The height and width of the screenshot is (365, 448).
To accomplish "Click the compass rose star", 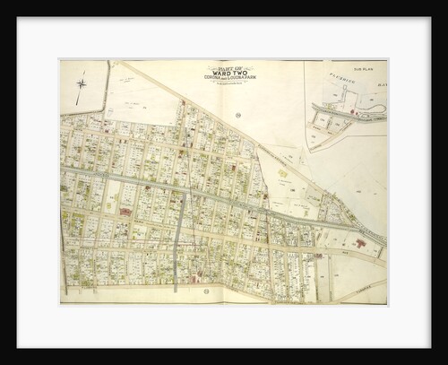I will point(82,84).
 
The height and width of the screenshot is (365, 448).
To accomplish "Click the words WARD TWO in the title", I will point(230,73).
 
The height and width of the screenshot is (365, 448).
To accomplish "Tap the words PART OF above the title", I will point(230,66).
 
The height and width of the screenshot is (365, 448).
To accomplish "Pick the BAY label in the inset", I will point(381,85).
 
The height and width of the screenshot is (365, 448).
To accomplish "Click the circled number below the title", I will point(237,115).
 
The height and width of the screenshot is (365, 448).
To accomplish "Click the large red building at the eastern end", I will point(360,243).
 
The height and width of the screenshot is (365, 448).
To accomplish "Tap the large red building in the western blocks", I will point(125,212).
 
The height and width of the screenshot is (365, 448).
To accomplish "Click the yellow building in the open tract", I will point(282,173).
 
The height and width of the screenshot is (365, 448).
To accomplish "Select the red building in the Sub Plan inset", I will point(353,113).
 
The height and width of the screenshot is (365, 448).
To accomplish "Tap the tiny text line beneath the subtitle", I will point(230,83).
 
